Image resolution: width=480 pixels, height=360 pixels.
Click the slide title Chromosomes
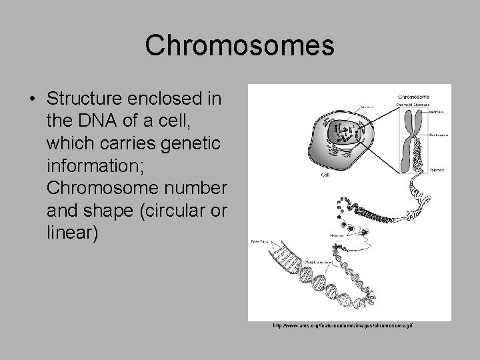coord(240,45)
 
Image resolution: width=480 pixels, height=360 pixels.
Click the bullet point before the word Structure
coord(33,99)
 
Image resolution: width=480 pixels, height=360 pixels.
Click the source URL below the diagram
coord(343,325)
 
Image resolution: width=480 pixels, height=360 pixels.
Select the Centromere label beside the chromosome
coord(439,134)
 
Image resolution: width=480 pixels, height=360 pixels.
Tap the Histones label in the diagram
coord(337,235)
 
